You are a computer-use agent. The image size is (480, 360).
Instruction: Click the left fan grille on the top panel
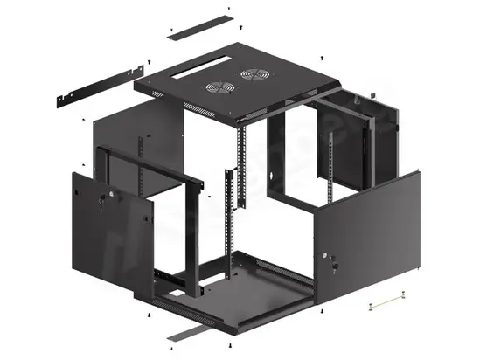point(216,87)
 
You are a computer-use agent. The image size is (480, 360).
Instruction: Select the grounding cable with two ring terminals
point(388,303)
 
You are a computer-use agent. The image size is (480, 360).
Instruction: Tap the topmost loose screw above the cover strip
point(228,9)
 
